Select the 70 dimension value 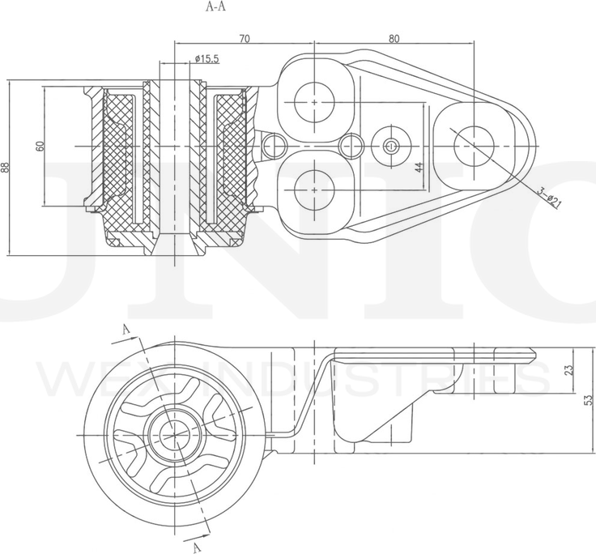[244, 37]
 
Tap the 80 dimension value [394, 37]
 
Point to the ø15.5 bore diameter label [206, 58]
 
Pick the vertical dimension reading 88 [6, 168]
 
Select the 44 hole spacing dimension [419, 168]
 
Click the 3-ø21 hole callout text [550, 197]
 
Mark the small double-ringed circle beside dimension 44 [392, 147]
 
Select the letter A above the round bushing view [125, 328]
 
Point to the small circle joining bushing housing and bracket [274, 146]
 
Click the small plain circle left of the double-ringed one [351, 147]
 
